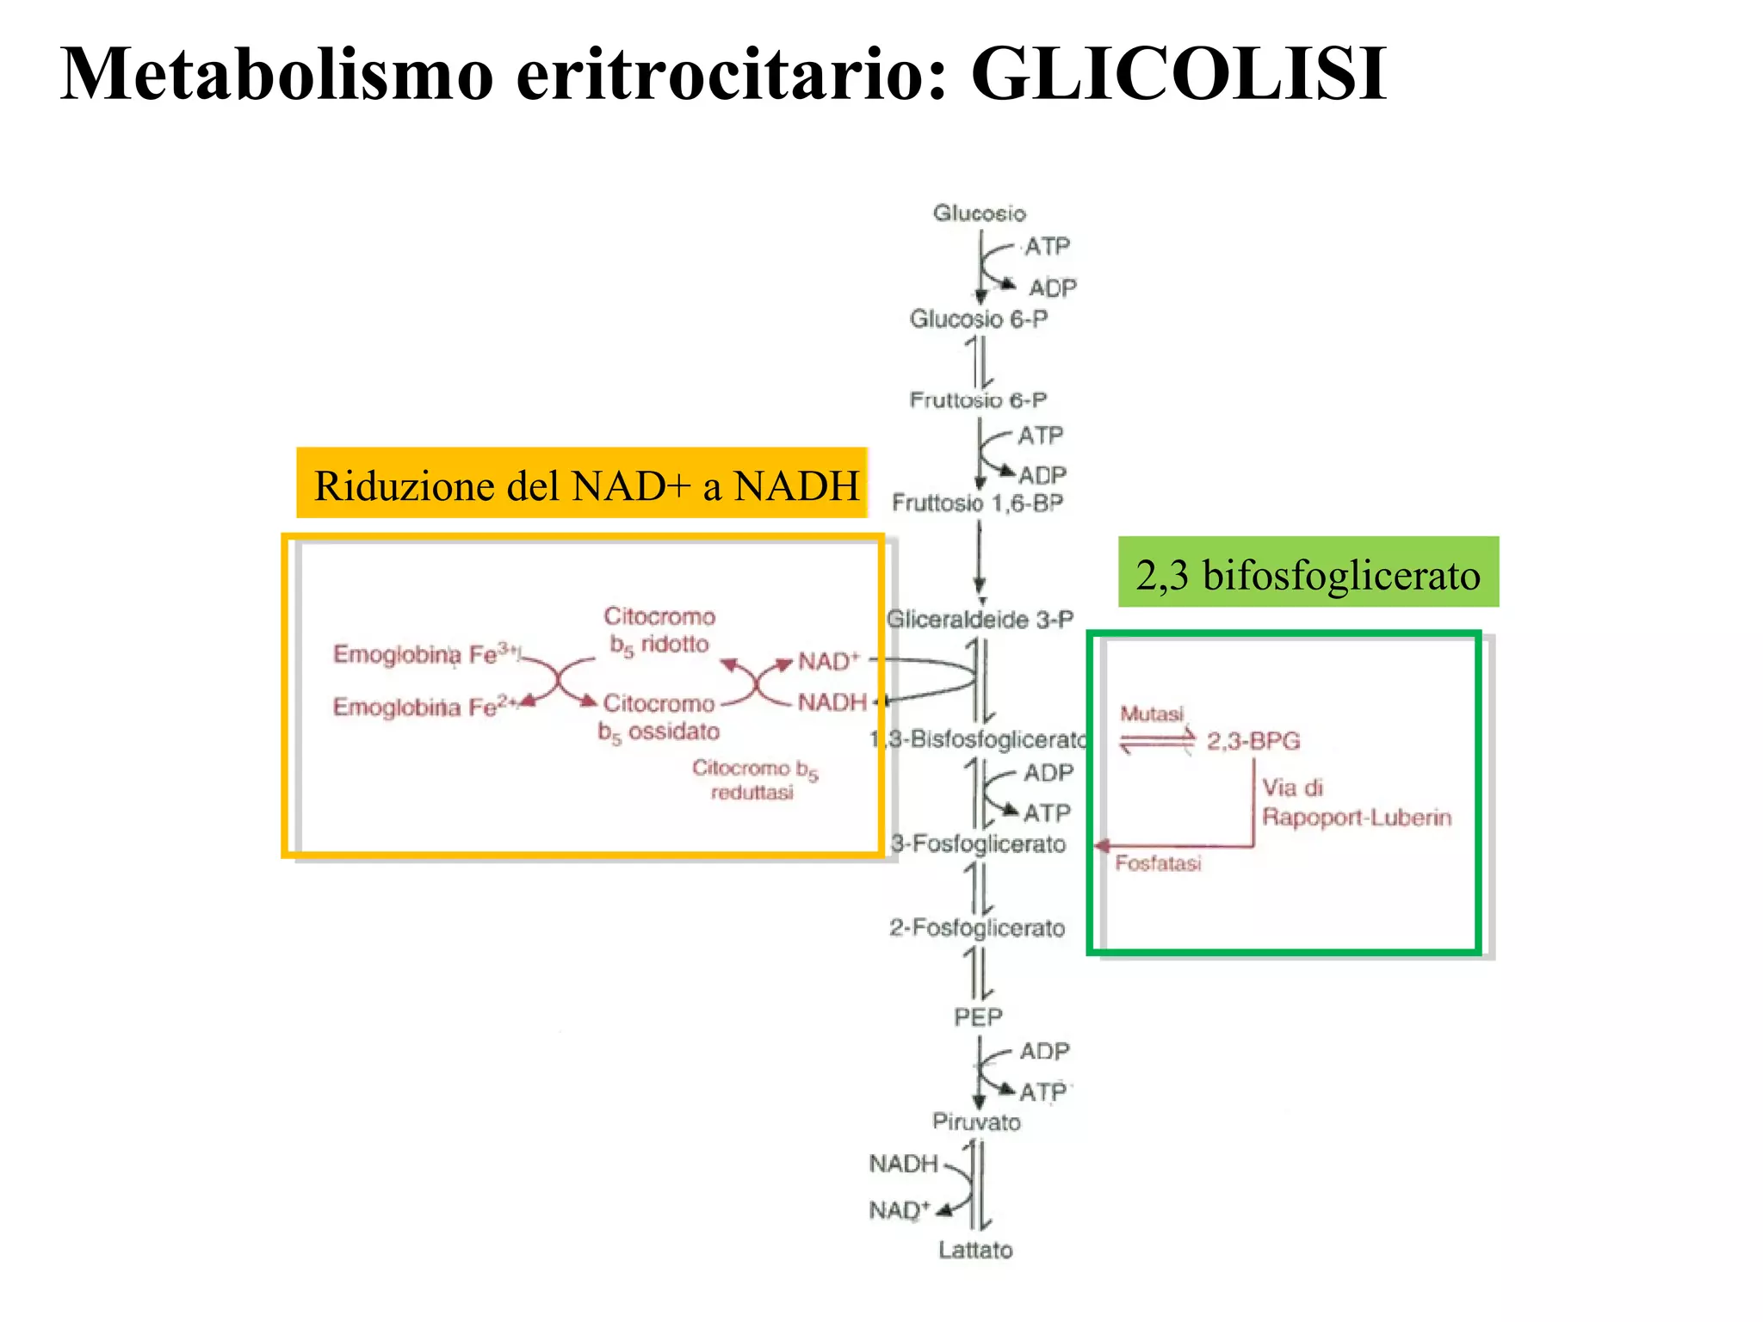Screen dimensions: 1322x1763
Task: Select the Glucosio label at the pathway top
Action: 979,213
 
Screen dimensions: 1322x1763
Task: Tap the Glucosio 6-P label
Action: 979,319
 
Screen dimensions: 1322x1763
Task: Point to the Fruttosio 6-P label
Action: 978,400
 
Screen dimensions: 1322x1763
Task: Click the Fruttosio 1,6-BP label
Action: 977,503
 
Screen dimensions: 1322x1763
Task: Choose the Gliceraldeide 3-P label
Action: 980,620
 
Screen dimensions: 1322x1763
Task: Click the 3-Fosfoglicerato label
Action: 978,843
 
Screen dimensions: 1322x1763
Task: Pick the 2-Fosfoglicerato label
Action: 977,928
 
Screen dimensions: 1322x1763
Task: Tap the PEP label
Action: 978,1017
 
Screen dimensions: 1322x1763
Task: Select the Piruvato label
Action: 976,1122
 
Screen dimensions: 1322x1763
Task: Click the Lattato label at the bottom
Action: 975,1250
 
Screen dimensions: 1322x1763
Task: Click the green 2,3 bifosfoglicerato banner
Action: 1308,573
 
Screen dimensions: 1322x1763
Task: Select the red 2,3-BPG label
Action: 1253,741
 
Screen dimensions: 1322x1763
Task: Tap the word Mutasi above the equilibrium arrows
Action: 1152,714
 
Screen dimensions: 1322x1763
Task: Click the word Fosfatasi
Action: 1158,863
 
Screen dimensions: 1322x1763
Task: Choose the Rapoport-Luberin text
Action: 1357,818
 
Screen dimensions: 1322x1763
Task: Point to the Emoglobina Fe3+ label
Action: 426,654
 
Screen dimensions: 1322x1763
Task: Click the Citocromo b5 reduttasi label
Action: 754,780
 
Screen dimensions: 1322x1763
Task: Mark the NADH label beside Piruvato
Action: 902,1164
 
